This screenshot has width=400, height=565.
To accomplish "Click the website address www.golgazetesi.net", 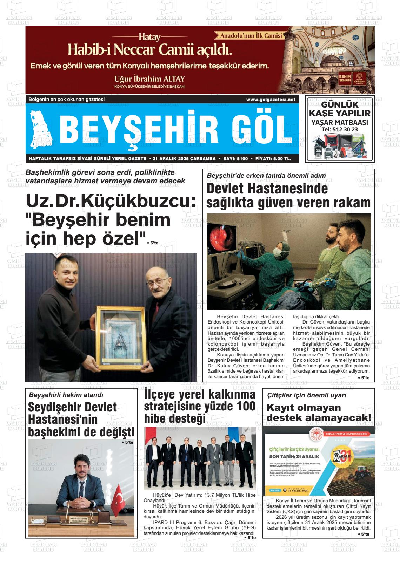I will click(271, 100).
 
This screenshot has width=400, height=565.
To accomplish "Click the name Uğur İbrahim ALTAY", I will click(149, 78).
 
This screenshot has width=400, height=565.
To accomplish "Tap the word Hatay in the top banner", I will click(149, 37).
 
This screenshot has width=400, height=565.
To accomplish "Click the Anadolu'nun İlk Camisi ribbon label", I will click(251, 35).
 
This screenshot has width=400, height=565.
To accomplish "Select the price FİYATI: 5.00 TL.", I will click(273, 159).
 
